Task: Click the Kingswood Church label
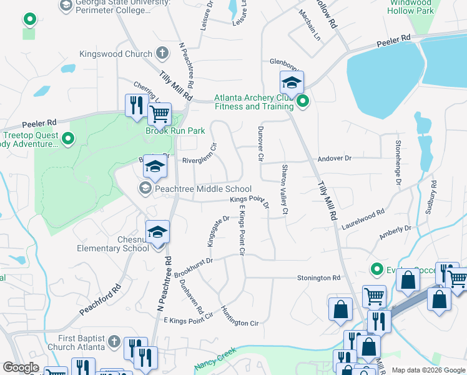coord(116,54)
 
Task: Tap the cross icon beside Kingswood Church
coord(162,53)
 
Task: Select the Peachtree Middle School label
coord(203,189)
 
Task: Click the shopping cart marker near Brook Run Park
coord(159,114)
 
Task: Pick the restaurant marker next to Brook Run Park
coord(135,105)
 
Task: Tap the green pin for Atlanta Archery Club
coord(303,101)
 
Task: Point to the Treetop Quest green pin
coord(68,138)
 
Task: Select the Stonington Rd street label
coord(318,277)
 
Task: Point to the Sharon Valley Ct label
coord(284,189)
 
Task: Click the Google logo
coord(21,367)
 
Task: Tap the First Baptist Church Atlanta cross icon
coord(113,341)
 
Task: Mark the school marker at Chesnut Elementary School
coord(158,232)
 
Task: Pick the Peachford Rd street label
coord(99,301)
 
